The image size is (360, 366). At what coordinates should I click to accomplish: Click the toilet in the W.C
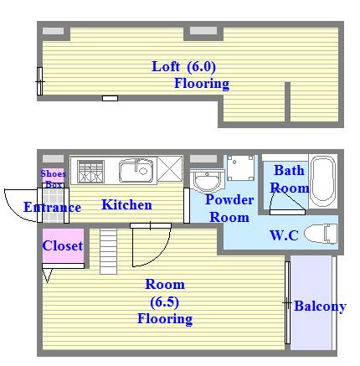(x=321, y=234)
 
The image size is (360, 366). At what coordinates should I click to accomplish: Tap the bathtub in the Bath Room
(x=322, y=181)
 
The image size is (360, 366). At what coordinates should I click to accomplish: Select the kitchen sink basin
(x=136, y=170)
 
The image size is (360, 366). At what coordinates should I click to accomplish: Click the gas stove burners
(x=90, y=172)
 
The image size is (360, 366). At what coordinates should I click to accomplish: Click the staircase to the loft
(x=109, y=251)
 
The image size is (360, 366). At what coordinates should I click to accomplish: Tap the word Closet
(x=63, y=245)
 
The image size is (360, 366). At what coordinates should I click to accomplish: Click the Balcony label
(x=320, y=307)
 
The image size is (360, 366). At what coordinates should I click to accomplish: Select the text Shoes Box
(x=53, y=178)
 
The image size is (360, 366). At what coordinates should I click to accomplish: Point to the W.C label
(x=284, y=235)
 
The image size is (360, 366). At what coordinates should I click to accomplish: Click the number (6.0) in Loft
(x=201, y=67)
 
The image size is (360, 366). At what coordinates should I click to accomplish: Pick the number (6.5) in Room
(x=164, y=302)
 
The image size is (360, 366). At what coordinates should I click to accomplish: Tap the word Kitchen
(x=126, y=204)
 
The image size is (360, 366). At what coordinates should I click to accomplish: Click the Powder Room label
(x=229, y=209)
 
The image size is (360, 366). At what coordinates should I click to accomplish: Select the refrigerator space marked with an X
(x=170, y=168)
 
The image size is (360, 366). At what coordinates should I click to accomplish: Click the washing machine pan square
(x=240, y=168)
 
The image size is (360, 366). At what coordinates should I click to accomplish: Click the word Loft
(x=166, y=67)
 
